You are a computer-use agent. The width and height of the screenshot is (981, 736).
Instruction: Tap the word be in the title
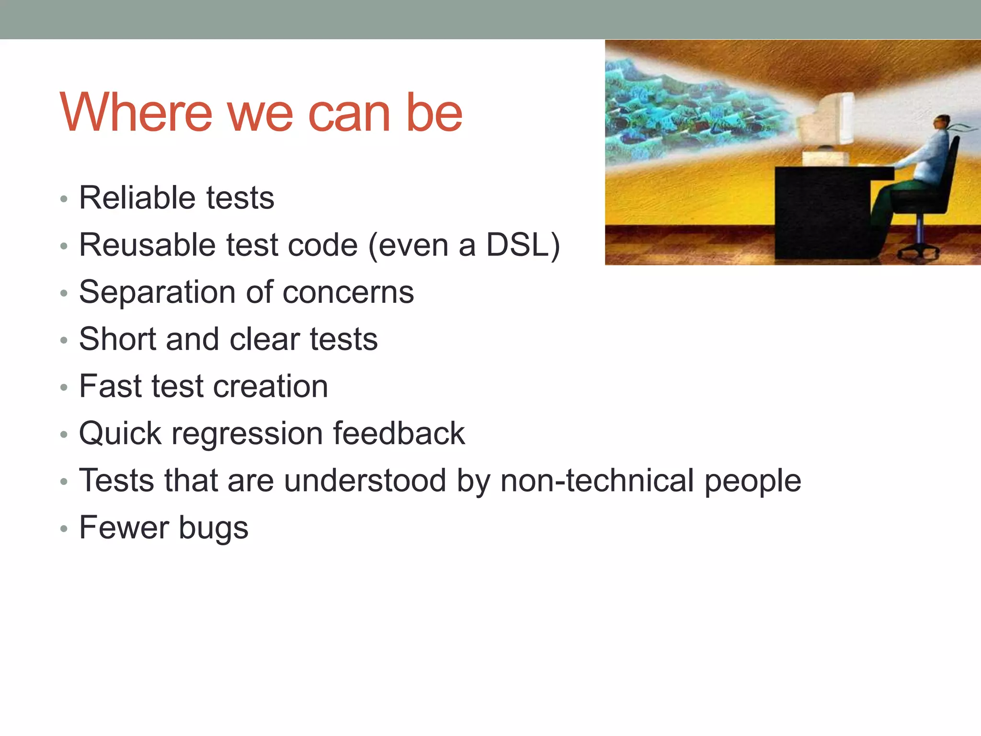pos(434,113)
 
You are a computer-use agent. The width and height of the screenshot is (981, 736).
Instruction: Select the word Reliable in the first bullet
pos(137,197)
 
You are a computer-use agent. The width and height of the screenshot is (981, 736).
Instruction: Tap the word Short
pos(117,339)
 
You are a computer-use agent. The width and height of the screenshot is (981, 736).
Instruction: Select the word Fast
pos(110,386)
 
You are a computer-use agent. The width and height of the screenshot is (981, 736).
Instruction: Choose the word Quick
pos(120,434)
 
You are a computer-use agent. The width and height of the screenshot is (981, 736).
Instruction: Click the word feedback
pos(399,434)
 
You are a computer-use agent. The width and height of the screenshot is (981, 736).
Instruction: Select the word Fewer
pos(123,528)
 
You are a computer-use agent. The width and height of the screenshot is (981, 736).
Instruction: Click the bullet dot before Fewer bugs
pos(64,529)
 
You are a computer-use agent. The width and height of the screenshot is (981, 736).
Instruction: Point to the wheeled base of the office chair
pos(919,250)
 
